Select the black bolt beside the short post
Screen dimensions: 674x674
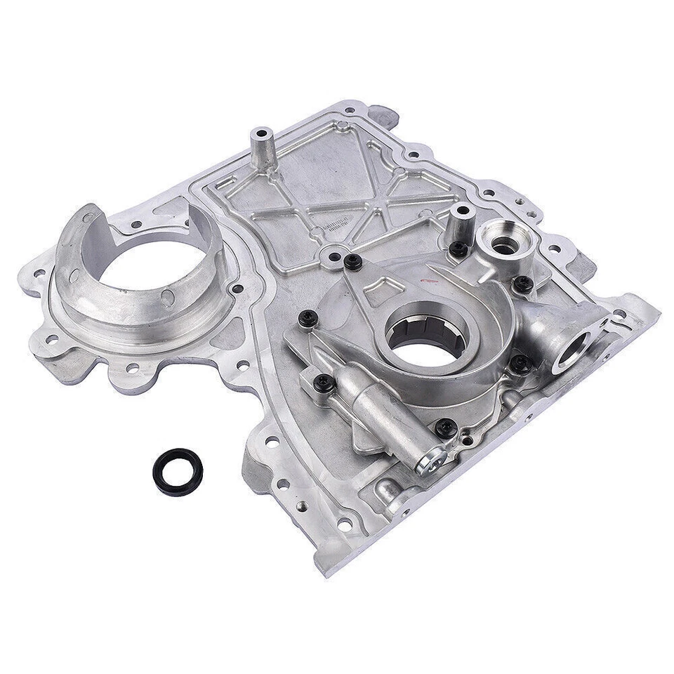pos(458,247)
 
